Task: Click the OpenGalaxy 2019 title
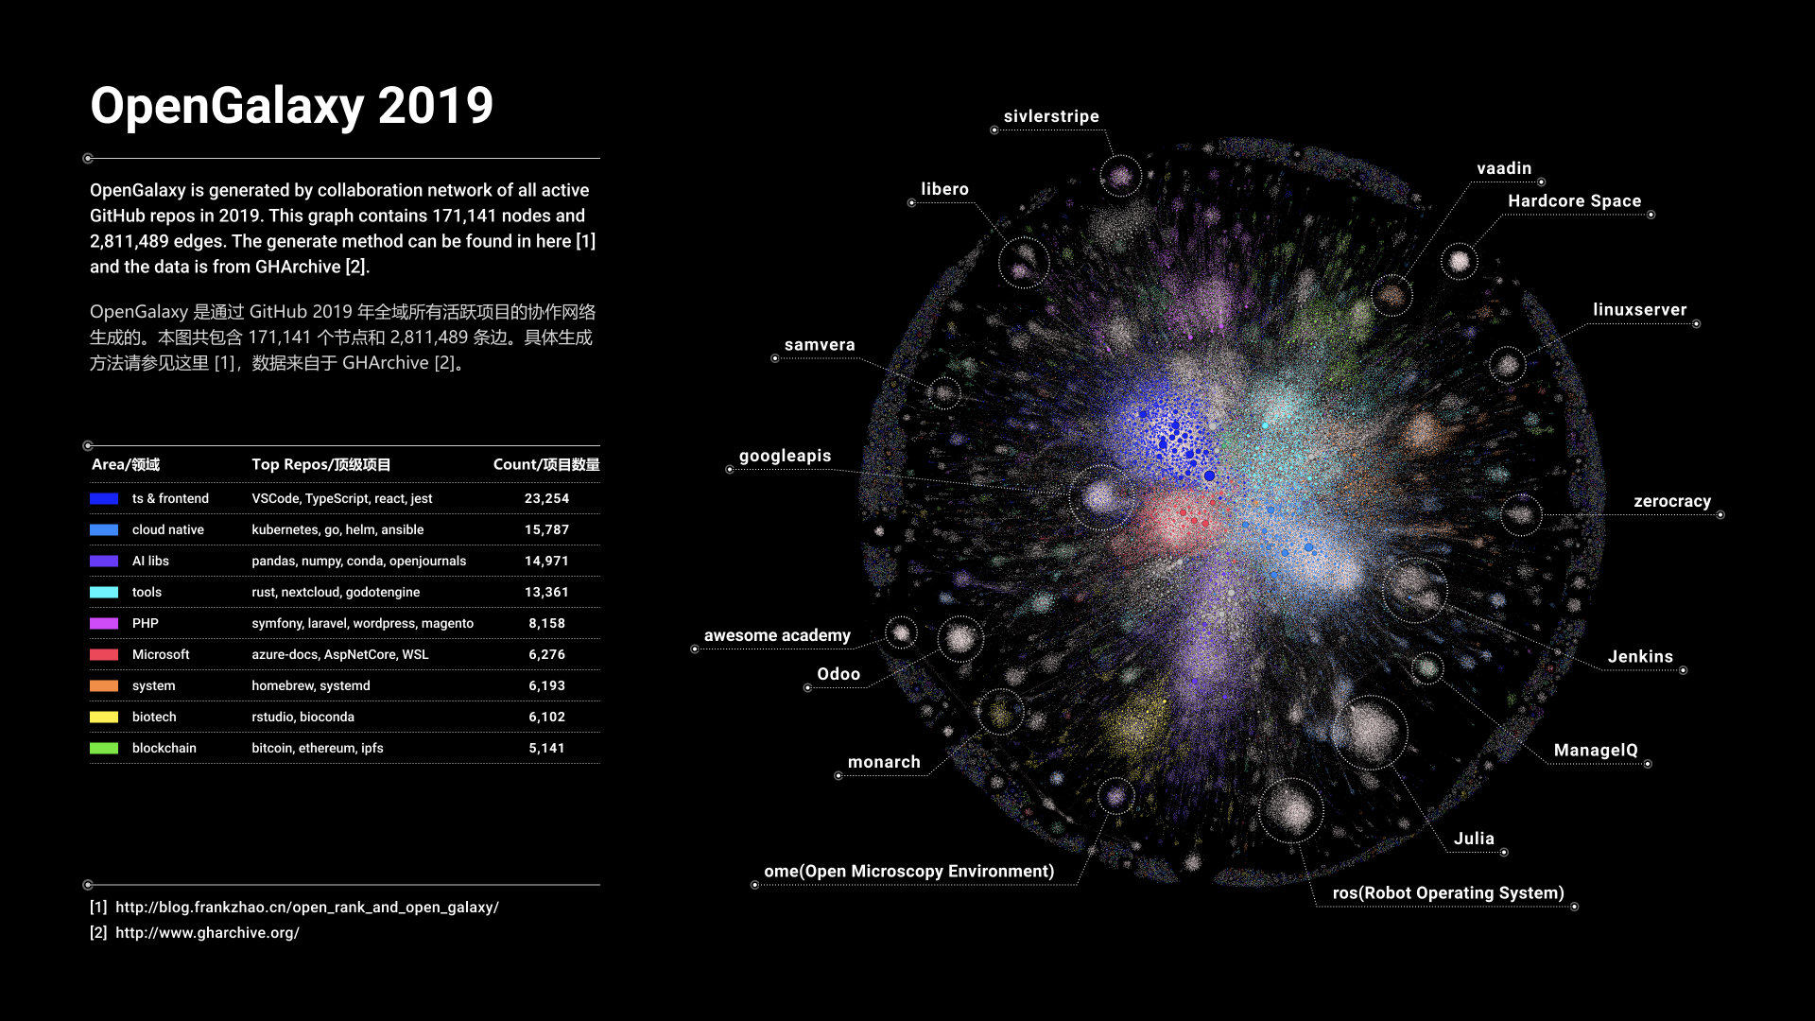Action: (x=291, y=106)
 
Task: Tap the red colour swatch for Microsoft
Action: (x=104, y=654)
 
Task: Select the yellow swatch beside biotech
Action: (x=104, y=717)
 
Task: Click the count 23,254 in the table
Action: (x=546, y=498)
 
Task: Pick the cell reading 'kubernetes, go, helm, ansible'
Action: (x=337, y=529)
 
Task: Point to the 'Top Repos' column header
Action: (x=320, y=464)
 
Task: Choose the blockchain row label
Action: (x=164, y=748)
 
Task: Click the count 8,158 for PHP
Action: (x=546, y=623)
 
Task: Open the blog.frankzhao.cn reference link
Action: (x=306, y=907)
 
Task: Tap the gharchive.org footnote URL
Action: (x=207, y=932)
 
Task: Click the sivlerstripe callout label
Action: (x=1051, y=116)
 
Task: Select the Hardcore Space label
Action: (x=1574, y=200)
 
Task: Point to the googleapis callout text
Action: (x=785, y=456)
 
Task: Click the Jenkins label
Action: (x=1640, y=656)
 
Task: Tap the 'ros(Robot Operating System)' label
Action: (x=1448, y=892)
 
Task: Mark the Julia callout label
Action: (x=1474, y=839)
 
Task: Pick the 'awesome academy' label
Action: (x=777, y=635)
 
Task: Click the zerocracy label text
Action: (x=1672, y=501)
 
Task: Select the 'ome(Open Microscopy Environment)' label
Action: (x=908, y=871)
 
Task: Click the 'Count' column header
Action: (x=546, y=464)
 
